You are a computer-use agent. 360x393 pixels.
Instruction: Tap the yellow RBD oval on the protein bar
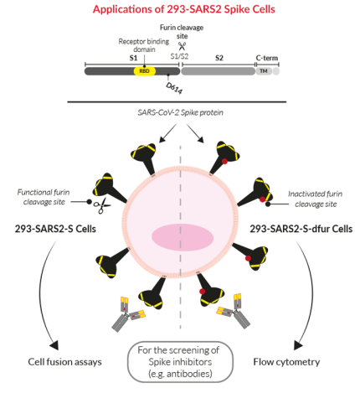(x=144, y=71)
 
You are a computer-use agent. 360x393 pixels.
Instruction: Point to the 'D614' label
(x=174, y=87)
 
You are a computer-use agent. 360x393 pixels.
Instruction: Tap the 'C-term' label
(x=267, y=59)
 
